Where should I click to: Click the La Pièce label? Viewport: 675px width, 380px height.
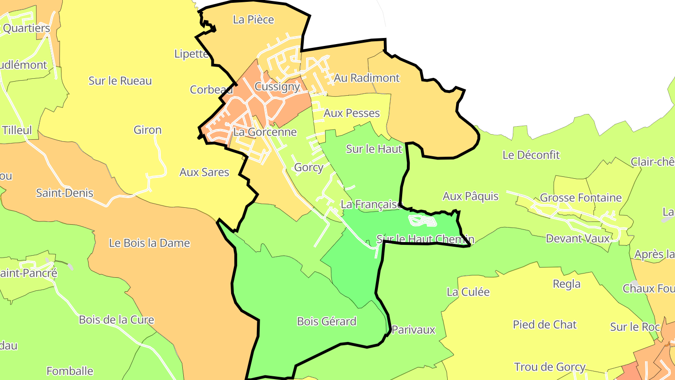(x=253, y=20)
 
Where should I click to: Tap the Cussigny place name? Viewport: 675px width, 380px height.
(x=277, y=87)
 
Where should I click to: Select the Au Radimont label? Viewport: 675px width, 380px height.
(x=367, y=78)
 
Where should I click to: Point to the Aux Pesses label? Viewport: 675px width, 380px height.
(x=352, y=113)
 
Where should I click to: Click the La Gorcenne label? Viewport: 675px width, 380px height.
(x=265, y=132)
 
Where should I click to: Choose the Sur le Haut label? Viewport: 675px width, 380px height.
(x=374, y=149)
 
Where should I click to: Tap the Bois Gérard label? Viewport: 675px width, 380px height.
(x=327, y=321)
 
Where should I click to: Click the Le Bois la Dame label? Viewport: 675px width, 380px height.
(x=150, y=243)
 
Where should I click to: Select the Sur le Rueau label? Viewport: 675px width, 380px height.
(x=120, y=81)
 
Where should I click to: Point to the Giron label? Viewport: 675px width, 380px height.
(x=148, y=130)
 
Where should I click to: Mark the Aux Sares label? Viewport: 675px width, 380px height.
(x=204, y=172)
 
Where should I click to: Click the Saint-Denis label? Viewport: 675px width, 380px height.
(x=65, y=193)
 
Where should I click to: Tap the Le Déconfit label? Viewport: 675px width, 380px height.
(x=531, y=155)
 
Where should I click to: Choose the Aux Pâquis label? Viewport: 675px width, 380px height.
(x=471, y=196)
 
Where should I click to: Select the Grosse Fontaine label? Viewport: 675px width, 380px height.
(x=581, y=198)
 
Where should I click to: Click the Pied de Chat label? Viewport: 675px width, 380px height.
(x=545, y=325)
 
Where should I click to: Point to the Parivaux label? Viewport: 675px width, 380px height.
(x=413, y=330)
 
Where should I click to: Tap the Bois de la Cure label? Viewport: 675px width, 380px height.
(x=116, y=320)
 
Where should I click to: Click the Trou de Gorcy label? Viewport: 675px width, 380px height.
(x=550, y=367)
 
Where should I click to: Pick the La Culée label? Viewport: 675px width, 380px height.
(x=468, y=292)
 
